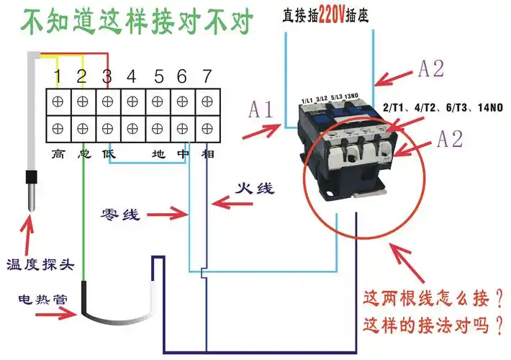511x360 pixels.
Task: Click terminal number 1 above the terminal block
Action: (x=58, y=76)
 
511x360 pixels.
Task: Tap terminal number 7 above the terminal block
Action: (x=207, y=76)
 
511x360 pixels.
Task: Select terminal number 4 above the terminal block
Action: (x=132, y=76)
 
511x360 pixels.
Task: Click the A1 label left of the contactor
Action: (x=261, y=109)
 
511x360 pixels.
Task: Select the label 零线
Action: (x=119, y=215)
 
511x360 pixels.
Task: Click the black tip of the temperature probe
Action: (x=31, y=189)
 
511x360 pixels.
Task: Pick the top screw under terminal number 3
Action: (x=107, y=102)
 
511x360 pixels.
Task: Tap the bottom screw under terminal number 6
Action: (x=181, y=128)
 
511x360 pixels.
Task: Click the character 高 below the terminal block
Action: (x=58, y=153)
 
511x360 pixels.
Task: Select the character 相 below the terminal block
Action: (x=207, y=153)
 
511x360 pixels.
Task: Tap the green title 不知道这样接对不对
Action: (x=137, y=23)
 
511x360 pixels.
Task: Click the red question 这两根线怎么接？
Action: (x=433, y=297)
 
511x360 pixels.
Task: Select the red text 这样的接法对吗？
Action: (x=433, y=325)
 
